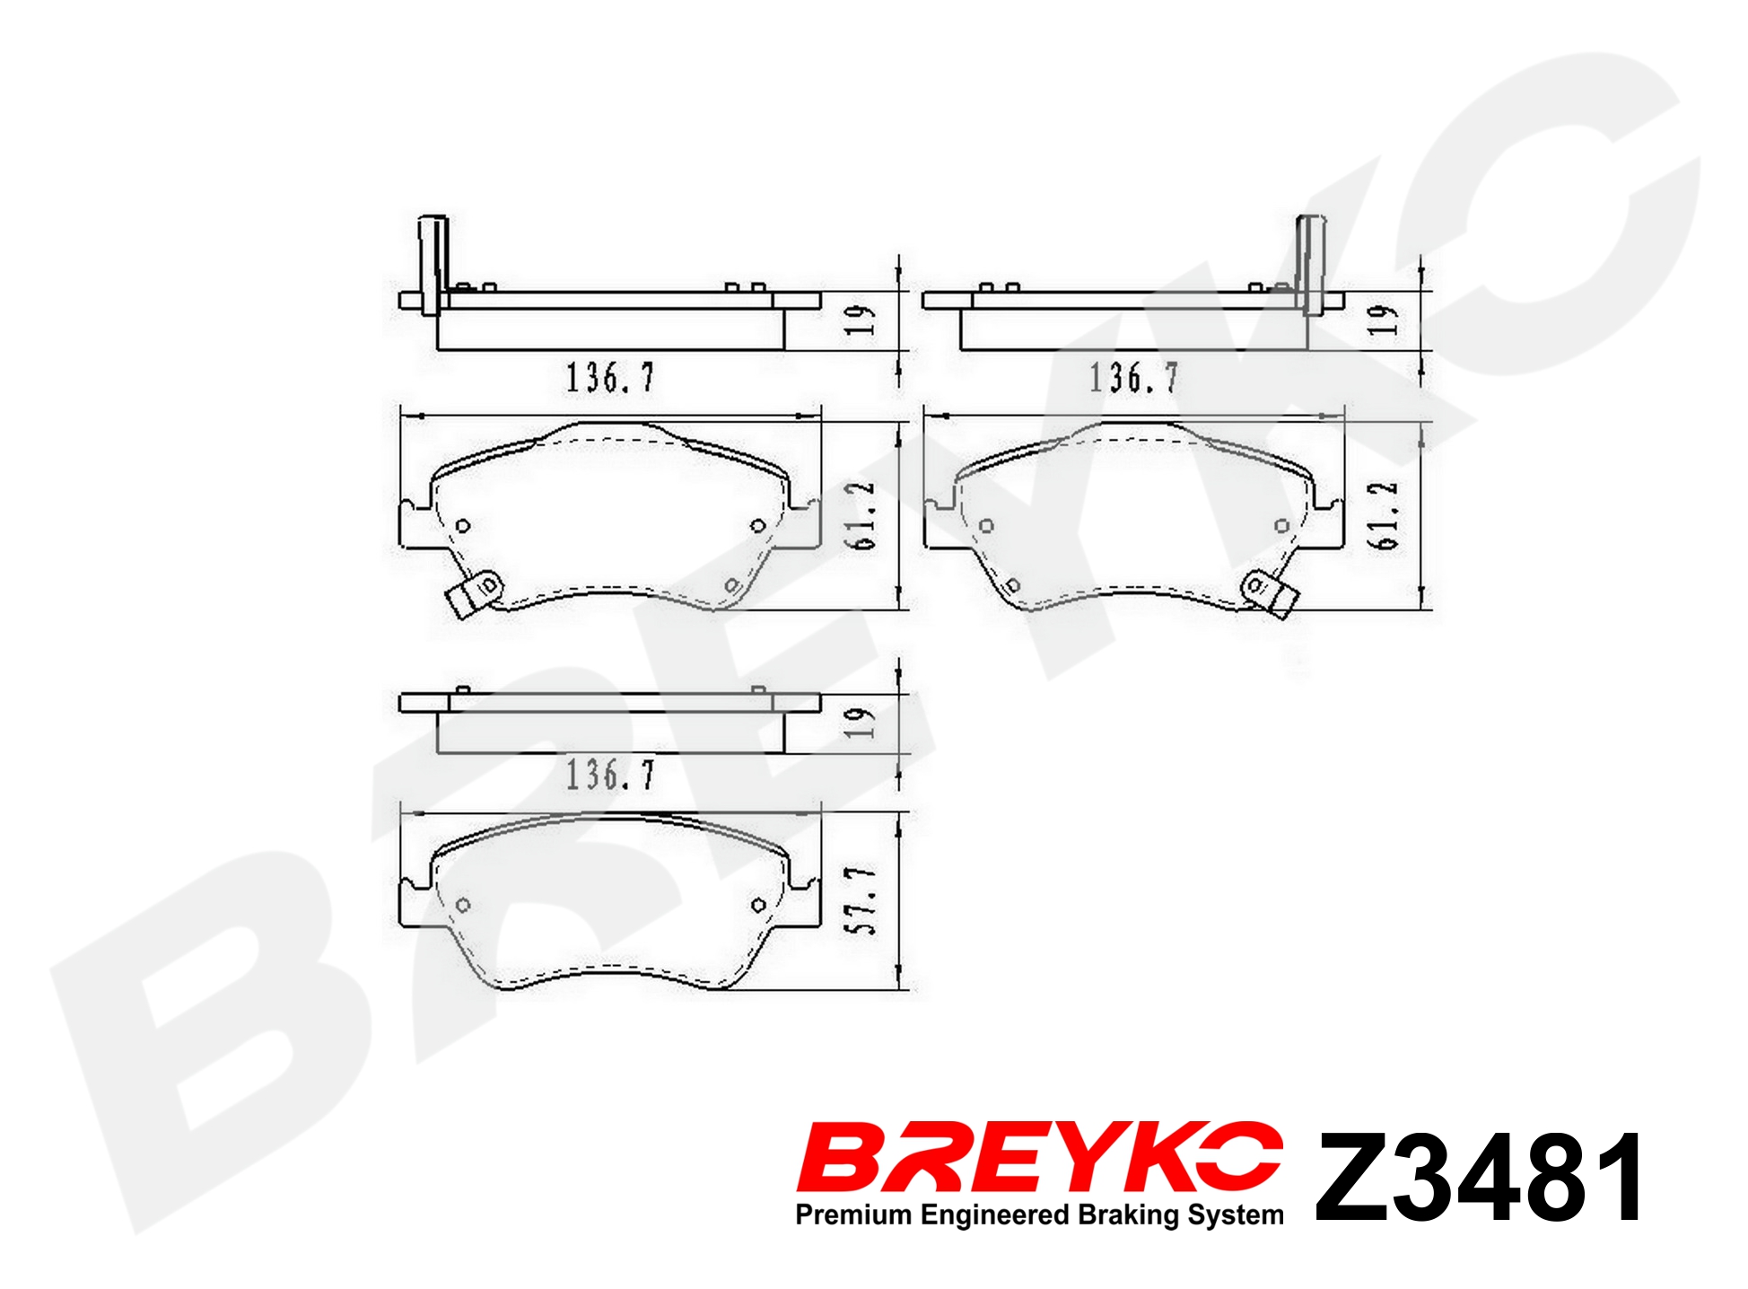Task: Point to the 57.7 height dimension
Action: click(862, 901)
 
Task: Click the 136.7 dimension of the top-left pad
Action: click(610, 377)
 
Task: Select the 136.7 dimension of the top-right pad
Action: click(1134, 377)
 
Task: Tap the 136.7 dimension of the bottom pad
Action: click(610, 774)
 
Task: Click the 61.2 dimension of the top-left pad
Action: click(861, 515)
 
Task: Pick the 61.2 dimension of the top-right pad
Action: click(1384, 515)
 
